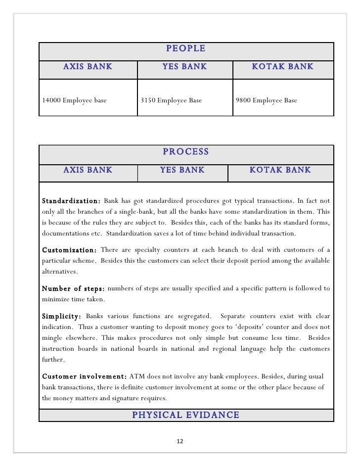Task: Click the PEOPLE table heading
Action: tap(186, 49)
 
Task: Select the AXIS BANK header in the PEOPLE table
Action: tap(88, 66)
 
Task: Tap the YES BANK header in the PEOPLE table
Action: tap(185, 66)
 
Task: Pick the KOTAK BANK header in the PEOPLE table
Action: tap(283, 66)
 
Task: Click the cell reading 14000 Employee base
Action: tap(74, 100)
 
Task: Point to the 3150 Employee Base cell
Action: tap(171, 100)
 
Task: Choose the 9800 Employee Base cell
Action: tap(267, 100)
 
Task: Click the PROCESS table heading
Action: tap(186, 152)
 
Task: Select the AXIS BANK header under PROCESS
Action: tap(88, 170)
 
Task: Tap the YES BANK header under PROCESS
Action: tap(182, 170)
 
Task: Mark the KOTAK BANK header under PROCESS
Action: tap(280, 170)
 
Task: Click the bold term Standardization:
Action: tap(71, 201)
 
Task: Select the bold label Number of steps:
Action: tap(73, 288)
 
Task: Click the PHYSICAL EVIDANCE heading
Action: tap(185, 415)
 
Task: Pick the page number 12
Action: tap(180, 442)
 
